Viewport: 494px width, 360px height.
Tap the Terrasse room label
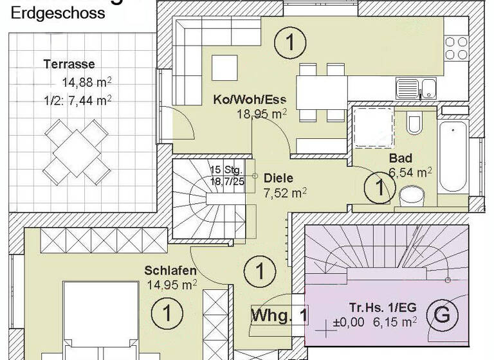coord(69,64)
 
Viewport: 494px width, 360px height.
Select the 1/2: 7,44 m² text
coord(78,100)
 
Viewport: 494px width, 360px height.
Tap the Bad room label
coord(400,158)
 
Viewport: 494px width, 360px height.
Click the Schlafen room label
coord(170,270)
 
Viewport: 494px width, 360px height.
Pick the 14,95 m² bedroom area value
coord(172,283)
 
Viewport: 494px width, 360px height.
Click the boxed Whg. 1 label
coord(279,316)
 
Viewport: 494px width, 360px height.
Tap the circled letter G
coord(442,316)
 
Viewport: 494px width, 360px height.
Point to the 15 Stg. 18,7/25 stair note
coord(226,176)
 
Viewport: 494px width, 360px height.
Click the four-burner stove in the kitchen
coord(457,49)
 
